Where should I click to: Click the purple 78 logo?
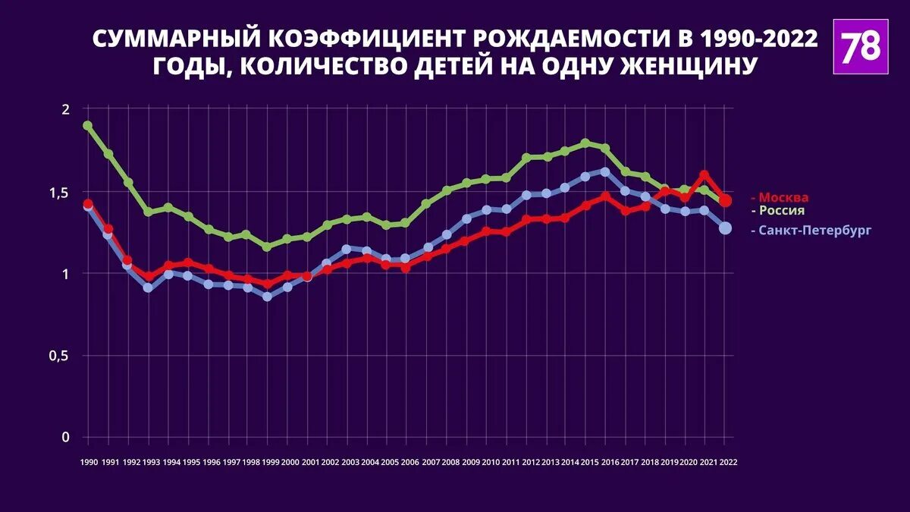(861, 47)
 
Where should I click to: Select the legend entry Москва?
(783, 198)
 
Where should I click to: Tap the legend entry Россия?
(781, 211)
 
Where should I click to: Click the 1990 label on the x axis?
(88, 461)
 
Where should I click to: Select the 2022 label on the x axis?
(729, 461)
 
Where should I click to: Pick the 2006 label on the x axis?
(409, 461)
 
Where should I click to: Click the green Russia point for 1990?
(88, 126)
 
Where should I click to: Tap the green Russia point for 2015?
(585, 143)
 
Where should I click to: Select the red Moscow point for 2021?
(704, 175)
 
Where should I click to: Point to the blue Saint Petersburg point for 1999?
(267, 297)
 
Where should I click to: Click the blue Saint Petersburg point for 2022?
(725, 228)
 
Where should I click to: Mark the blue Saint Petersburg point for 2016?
(605, 172)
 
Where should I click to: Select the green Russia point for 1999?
(267, 247)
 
